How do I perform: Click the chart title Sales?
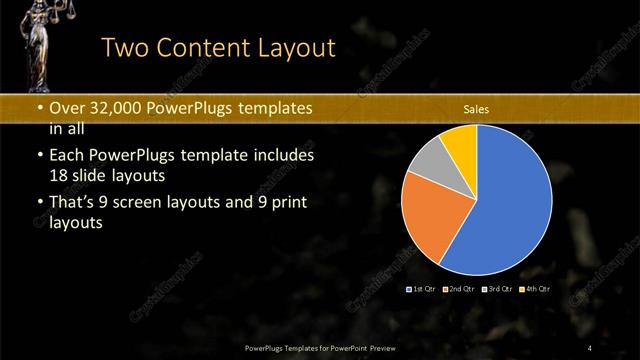point(475,110)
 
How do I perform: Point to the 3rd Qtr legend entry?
point(497,288)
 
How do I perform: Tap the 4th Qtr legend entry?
point(534,288)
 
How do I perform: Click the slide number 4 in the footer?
point(590,347)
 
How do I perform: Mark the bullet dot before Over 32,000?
point(39,109)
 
